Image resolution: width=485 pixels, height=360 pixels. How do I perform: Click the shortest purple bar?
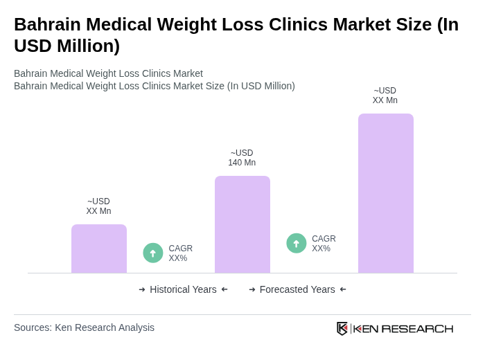tap(98, 249)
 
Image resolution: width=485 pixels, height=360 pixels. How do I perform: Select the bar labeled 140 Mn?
tap(242, 224)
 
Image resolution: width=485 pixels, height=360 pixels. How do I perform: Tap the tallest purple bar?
tap(385, 193)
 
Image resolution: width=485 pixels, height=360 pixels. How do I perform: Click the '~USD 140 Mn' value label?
tap(242, 158)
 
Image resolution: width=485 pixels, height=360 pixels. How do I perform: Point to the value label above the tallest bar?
tap(385, 96)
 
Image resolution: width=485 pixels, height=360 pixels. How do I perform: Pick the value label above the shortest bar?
tap(98, 206)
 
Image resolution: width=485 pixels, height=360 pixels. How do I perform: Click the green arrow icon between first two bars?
tap(153, 253)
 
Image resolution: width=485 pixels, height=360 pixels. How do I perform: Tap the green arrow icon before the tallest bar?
tap(297, 244)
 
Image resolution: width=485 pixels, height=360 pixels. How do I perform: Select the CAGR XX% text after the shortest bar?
tap(180, 253)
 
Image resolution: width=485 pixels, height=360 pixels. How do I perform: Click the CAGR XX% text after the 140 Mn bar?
tap(324, 244)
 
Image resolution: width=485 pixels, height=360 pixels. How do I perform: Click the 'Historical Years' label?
tap(183, 289)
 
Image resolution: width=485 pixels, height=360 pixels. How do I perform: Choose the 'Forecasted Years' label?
tap(297, 289)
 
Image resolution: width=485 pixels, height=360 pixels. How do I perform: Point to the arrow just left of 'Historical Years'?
tap(142, 289)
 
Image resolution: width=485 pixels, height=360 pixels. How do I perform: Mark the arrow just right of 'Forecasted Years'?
tap(343, 289)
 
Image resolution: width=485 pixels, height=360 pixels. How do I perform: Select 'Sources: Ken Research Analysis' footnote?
tap(84, 327)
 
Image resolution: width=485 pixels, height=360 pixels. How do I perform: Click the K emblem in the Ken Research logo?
tap(342, 328)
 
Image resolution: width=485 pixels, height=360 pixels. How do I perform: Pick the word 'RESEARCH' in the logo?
tap(417, 328)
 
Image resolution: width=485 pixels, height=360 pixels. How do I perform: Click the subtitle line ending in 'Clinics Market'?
tap(108, 73)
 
